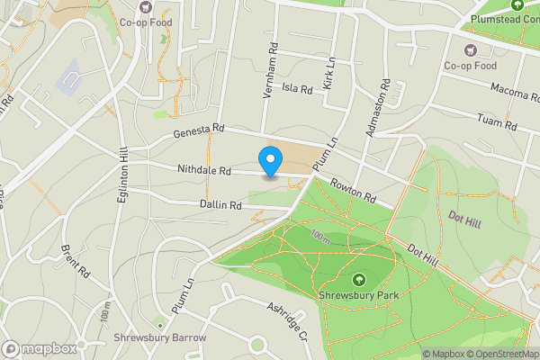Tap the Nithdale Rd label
pyautogui.click(x=204, y=170)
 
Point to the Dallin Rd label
pyautogui.click(x=221, y=205)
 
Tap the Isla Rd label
pyautogui.click(x=296, y=89)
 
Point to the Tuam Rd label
pyautogui.click(x=498, y=121)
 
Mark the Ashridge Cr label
pyautogui.click(x=287, y=321)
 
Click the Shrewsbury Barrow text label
pyautogui.click(x=160, y=338)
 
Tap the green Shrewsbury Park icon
pyautogui.click(x=359, y=279)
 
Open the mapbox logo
pyautogui.click(x=38, y=348)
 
